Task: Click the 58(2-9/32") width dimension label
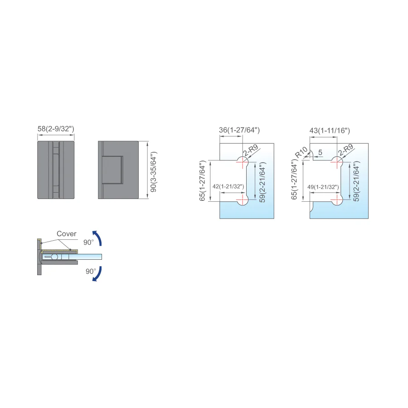pyautogui.click(x=56, y=129)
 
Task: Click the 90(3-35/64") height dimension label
pyautogui.click(x=154, y=172)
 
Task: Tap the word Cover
pyautogui.click(x=66, y=233)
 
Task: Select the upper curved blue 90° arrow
pyautogui.click(x=98, y=237)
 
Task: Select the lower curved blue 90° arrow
pyautogui.click(x=98, y=274)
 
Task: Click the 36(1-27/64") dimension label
pyautogui.click(x=239, y=130)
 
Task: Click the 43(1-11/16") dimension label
pyautogui.click(x=330, y=131)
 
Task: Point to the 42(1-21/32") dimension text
pyautogui.click(x=228, y=186)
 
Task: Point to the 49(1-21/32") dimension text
pyautogui.click(x=323, y=187)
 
